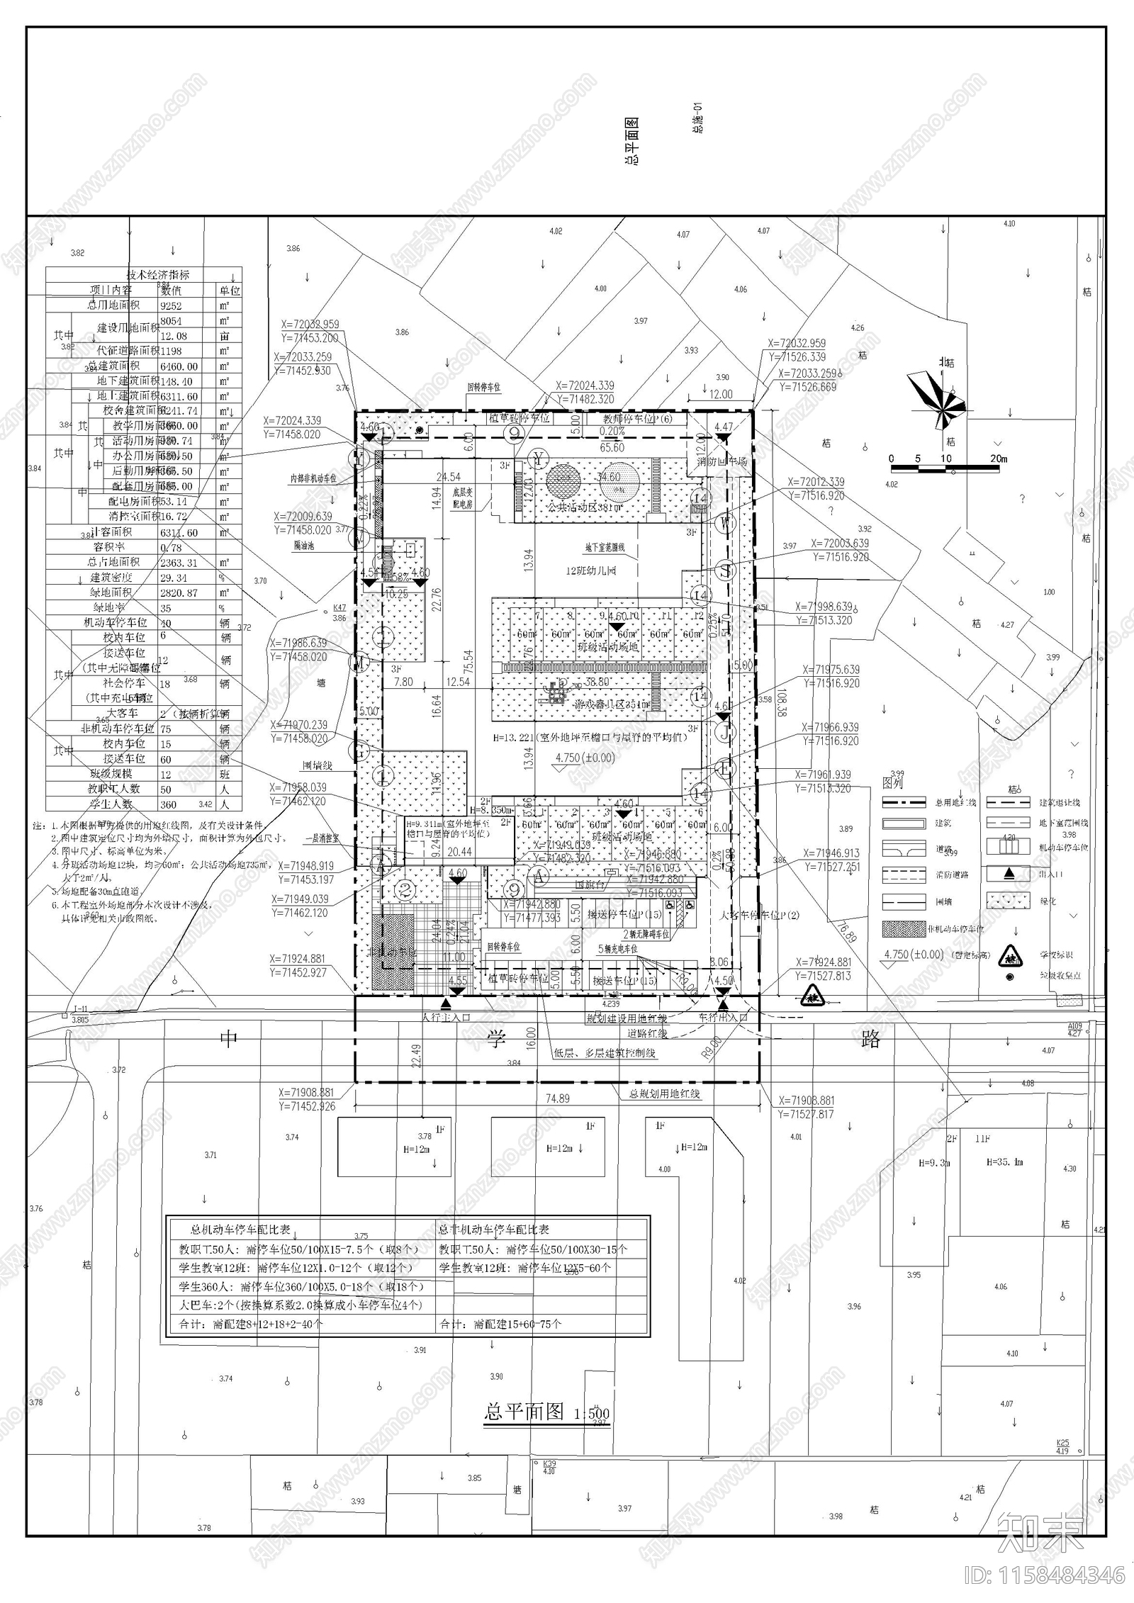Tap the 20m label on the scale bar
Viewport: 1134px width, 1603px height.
(998, 459)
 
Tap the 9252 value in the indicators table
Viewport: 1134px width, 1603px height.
(172, 306)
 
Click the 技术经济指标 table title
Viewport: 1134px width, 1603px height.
(158, 274)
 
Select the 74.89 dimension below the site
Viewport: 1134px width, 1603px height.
(558, 1098)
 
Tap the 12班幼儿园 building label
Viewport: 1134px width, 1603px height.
(590, 570)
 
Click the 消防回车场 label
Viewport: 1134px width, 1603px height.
(722, 461)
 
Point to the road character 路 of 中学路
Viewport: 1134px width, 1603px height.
(870, 1039)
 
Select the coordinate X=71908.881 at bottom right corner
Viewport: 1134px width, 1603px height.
(807, 1101)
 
